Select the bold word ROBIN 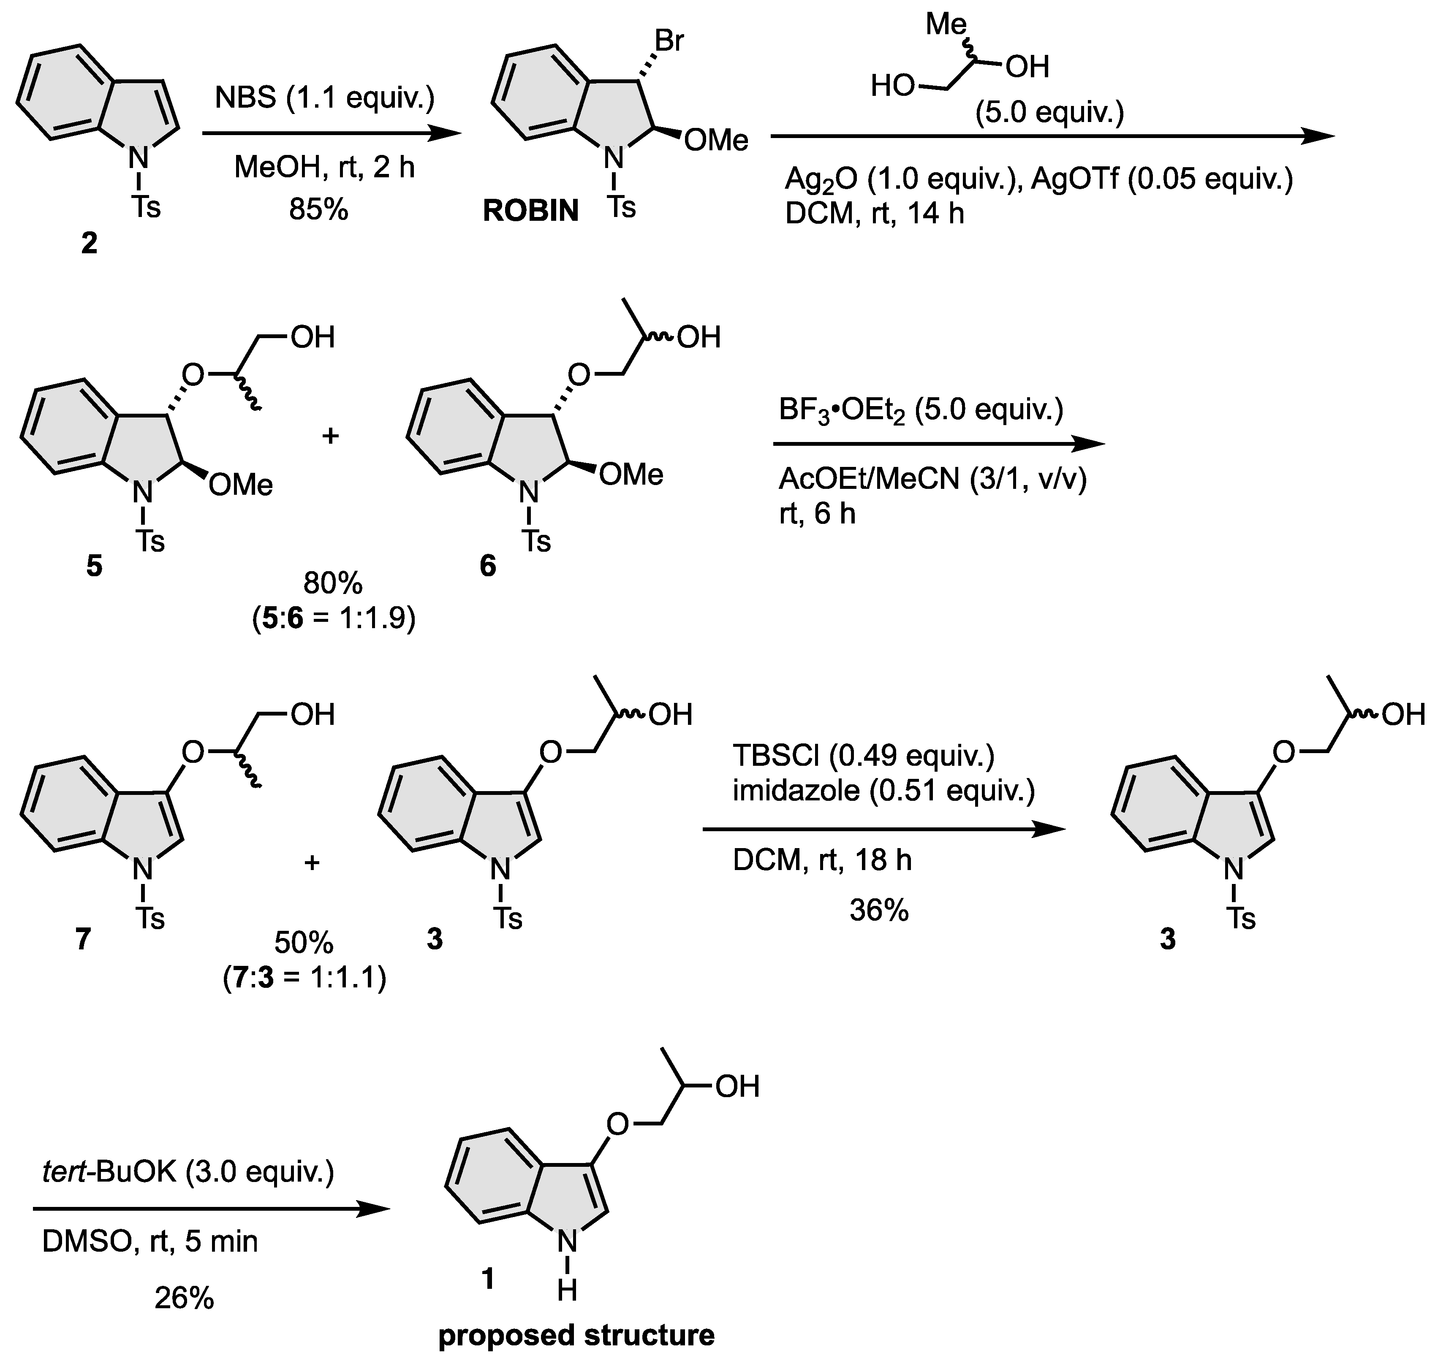[x=531, y=211]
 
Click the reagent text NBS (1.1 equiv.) [x=324, y=99]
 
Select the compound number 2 [x=89, y=244]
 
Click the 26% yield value [x=184, y=1298]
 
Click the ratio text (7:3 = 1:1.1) [x=305, y=979]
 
